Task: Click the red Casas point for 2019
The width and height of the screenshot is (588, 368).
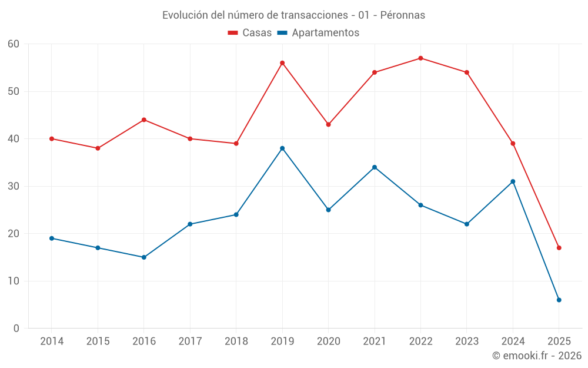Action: (282, 63)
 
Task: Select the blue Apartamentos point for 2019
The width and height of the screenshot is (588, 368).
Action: (282, 148)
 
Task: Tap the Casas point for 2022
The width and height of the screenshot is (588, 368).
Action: (420, 58)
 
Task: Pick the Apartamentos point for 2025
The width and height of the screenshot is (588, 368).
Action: (559, 300)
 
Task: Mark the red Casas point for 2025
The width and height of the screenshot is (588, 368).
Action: (559, 248)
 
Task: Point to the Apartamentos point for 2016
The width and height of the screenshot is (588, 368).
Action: (143, 257)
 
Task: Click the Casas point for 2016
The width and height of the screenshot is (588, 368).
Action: (143, 120)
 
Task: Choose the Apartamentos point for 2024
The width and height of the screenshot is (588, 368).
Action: (513, 181)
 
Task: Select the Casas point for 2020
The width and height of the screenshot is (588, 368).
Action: (328, 124)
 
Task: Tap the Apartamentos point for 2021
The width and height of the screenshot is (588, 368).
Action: (375, 167)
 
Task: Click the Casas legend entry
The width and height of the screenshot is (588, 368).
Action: (250, 33)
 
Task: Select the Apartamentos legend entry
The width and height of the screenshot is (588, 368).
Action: (318, 33)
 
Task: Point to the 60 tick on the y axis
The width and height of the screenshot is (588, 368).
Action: (14, 44)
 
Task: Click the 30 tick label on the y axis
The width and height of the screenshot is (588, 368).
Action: (14, 186)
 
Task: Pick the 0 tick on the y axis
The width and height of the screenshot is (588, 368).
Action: (16, 329)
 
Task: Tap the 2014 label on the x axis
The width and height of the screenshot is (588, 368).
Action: (52, 342)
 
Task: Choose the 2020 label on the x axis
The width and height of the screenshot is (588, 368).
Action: (328, 342)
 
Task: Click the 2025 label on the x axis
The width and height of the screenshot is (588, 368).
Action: (559, 342)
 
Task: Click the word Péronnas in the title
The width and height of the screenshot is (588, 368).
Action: (403, 15)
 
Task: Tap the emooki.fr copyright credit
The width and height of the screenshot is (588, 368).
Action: (536, 356)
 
